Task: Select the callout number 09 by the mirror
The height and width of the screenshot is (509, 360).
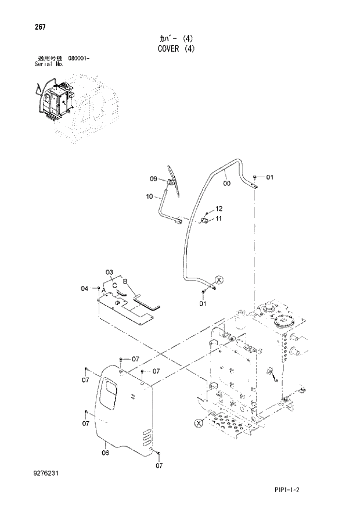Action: [x=154, y=178]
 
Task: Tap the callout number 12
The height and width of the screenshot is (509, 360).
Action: [x=219, y=209]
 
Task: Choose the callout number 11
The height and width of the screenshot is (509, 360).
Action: [x=219, y=218]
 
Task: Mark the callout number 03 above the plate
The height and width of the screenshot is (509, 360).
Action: [x=109, y=272]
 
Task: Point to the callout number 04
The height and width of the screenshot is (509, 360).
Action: [x=84, y=288]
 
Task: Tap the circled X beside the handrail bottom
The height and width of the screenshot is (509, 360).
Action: [x=219, y=281]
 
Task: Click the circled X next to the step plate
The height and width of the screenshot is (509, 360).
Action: [x=199, y=422]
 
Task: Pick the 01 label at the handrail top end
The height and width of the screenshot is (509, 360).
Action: [x=269, y=177]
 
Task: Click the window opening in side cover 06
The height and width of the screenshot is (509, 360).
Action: [x=108, y=391]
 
